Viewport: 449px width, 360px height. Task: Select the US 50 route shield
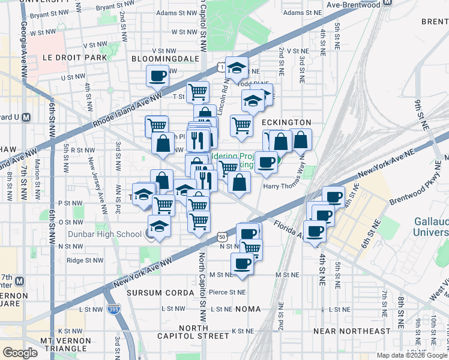coord(223,239)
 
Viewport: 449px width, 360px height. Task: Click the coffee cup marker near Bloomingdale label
coord(158,76)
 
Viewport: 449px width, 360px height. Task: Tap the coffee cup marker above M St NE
coord(243,263)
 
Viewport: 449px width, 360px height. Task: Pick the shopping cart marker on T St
coord(197,92)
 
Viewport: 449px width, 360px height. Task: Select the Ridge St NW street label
coord(83,260)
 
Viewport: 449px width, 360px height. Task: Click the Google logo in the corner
coord(20,352)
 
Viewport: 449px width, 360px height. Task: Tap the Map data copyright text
coord(412,355)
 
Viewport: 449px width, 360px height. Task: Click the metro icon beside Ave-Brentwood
coord(387,3)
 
